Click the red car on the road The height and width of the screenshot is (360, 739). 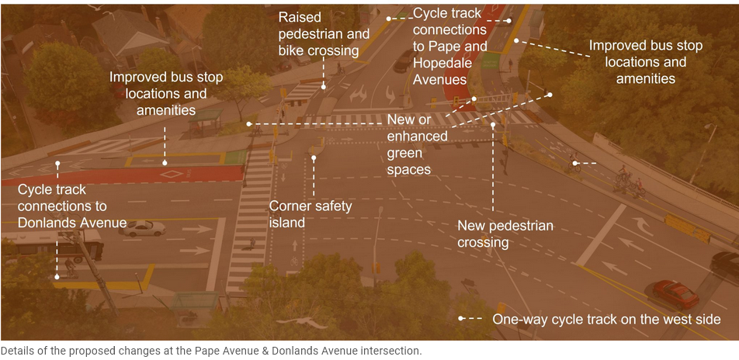(675, 294)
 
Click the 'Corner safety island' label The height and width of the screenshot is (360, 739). (310, 214)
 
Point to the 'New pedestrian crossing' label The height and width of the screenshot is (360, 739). (505, 234)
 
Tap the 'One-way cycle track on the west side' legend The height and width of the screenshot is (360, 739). (606, 319)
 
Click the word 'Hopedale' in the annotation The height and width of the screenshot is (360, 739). (442, 63)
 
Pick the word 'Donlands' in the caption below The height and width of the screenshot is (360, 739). (276, 351)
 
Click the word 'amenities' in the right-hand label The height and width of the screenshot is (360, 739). (645, 78)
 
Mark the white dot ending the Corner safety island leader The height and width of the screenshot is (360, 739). (314, 158)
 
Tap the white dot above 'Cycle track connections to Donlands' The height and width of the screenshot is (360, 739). (57, 164)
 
